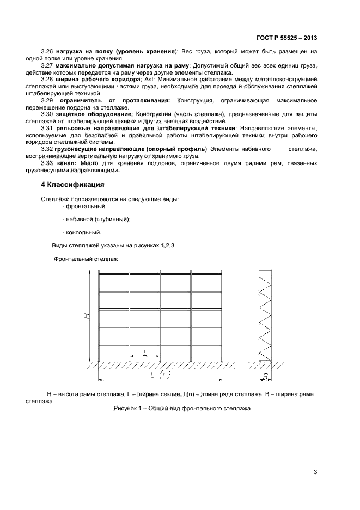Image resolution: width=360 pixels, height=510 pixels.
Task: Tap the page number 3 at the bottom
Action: pos(315,472)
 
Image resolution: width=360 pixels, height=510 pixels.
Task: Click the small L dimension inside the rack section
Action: pos(145,353)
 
